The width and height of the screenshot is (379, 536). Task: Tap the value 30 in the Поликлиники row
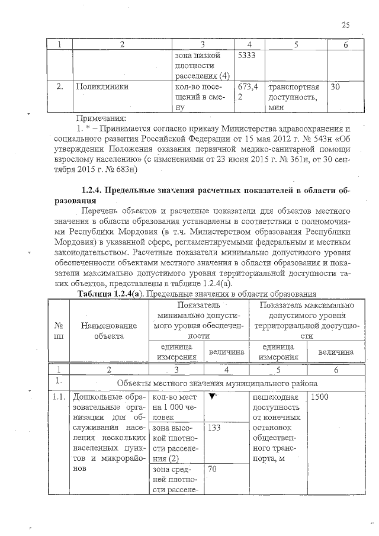(336, 86)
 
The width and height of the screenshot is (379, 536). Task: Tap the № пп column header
(59, 331)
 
